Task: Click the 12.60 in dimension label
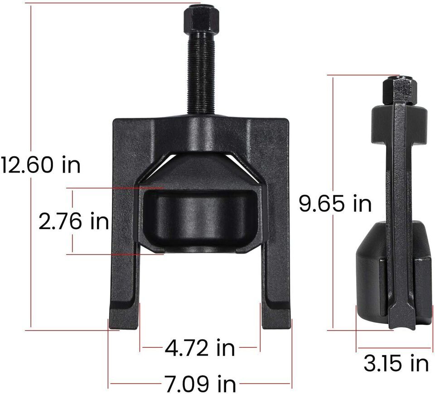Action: tap(40, 165)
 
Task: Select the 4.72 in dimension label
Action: tap(200, 348)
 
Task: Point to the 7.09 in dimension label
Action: tap(200, 384)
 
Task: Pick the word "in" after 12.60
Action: tap(71, 165)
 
